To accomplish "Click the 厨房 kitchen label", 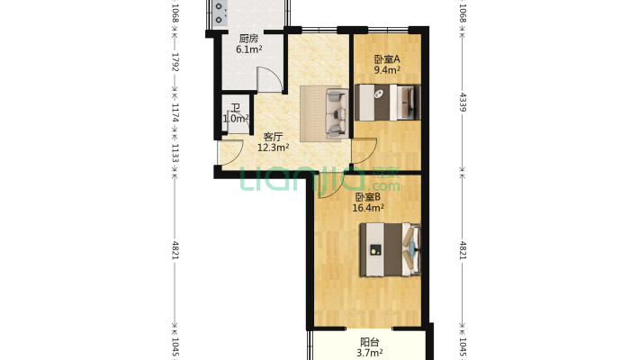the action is [x=248, y=39].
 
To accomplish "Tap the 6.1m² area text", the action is [x=249, y=49].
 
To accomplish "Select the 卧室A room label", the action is [x=387, y=59].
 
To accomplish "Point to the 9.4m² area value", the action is [x=387, y=70].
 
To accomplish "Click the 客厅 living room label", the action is [x=273, y=137].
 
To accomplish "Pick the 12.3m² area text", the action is [x=273, y=148].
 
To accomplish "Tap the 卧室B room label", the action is [x=368, y=197].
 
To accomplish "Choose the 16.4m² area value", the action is [x=368, y=208].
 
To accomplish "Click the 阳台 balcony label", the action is [x=370, y=342].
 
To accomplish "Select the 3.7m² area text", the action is [x=370, y=353].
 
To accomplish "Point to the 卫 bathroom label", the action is [x=236, y=108].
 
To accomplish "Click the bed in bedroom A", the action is [x=387, y=103].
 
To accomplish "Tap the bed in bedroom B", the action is [x=390, y=249].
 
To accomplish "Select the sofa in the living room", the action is [x=337, y=112].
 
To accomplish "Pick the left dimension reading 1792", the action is [x=175, y=62].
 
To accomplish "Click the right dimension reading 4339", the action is [x=463, y=102].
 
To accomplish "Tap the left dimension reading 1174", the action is [x=175, y=112].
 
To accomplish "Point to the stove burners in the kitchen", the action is [x=220, y=13].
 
